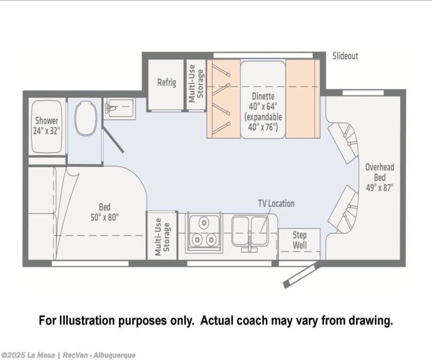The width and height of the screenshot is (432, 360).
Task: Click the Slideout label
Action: click(x=345, y=56)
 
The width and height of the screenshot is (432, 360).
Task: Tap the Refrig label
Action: click(x=167, y=82)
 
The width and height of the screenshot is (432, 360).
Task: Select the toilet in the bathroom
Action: click(x=86, y=118)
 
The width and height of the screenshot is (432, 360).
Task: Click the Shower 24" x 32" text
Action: click(x=46, y=126)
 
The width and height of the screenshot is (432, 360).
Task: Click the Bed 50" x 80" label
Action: click(x=104, y=212)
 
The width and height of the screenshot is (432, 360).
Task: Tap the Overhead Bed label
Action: click(x=379, y=177)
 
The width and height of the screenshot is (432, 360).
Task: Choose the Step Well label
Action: click(x=300, y=240)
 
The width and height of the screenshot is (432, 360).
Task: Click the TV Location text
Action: click(x=276, y=204)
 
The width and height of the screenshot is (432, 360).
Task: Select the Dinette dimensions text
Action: click(x=263, y=112)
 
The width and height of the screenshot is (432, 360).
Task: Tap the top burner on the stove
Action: click(x=204, y=222)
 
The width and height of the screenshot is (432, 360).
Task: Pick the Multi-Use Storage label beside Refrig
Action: click(x=196, y=84)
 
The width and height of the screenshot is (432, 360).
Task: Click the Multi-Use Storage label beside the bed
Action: click(x=162, y=237)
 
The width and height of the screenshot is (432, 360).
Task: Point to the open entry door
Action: click(x=302, y=276)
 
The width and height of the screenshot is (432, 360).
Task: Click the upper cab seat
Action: click(x=343, y=143)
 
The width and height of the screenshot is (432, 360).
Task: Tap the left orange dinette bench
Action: click(x=224, y=99)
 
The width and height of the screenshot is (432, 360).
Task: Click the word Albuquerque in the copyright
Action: click(x=114, y=355)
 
